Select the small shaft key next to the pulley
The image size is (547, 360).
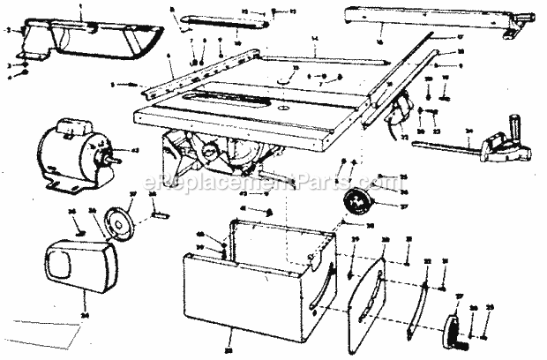pos(162,213)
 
